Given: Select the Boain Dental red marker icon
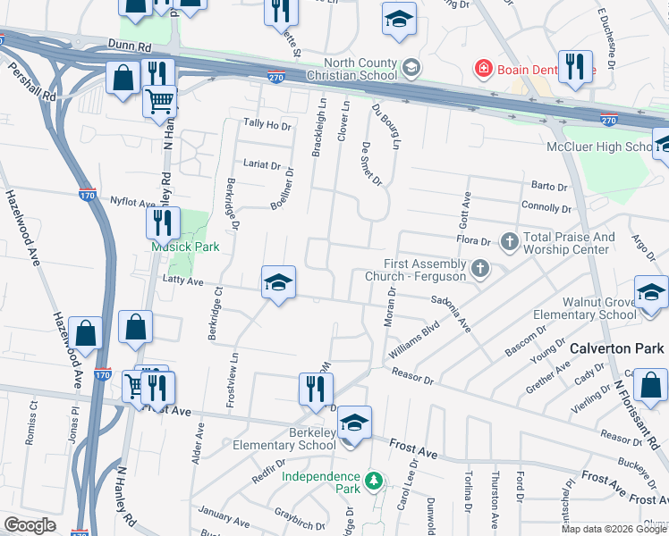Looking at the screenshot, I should [484, 68].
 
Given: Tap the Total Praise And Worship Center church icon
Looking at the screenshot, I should [510, 241].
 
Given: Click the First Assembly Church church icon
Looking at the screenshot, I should [480, 268].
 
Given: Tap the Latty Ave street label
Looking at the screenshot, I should [184, 281].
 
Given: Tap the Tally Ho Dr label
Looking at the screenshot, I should [268, 126].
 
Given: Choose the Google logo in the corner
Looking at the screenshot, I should [30, 525].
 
